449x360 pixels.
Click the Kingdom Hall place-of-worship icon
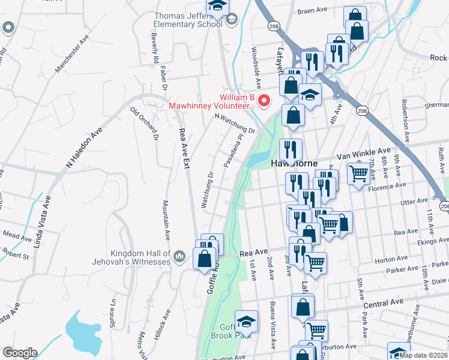pyautogui.click(x=179, y=258)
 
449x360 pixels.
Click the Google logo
pyautogui.click(x=20, y=353)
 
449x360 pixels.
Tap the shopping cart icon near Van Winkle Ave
pyautogui.click(x=359, y=174)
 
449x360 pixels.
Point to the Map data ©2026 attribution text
pyautogui.click(x=424, y=355)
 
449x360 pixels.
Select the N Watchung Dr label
pyautogui.click(x=235, y=124)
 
